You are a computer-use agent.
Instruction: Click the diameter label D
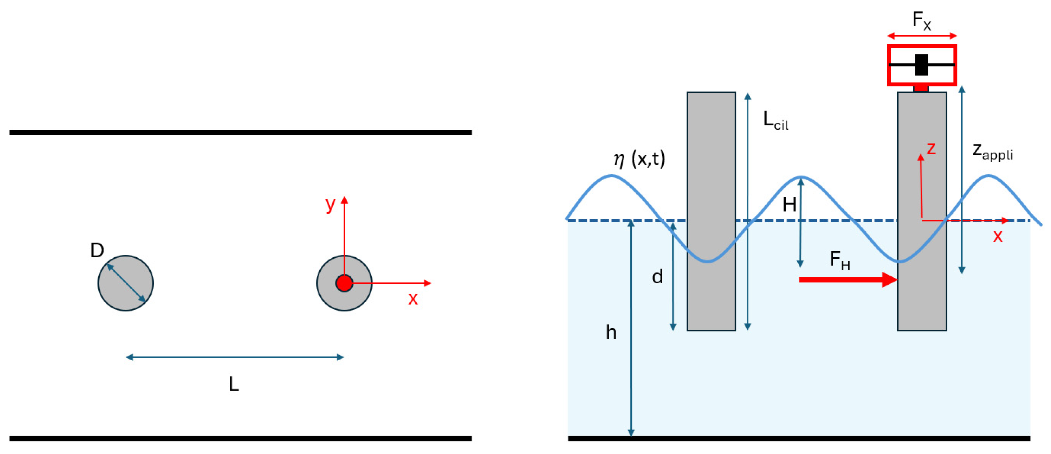[97, 250]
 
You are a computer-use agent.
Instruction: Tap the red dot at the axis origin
[344, 283]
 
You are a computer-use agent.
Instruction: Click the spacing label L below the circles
[234, 384]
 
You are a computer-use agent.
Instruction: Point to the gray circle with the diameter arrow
[126, 283]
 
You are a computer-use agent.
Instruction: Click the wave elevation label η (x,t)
[639, 159]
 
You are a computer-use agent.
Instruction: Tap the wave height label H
[789, 205]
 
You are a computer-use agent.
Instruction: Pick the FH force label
[840, 261]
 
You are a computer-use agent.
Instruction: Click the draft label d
[657, 277]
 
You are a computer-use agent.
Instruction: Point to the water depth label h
[611, 332]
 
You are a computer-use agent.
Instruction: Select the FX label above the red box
[922, 21]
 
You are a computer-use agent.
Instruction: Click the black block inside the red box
[922, 65]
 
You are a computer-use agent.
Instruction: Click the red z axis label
[931, 148]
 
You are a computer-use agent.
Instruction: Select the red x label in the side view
[998, 236]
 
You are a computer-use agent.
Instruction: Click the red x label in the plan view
[413, 299]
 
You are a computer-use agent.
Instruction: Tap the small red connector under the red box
[921, 89]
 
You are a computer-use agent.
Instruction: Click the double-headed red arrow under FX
[922, 36]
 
